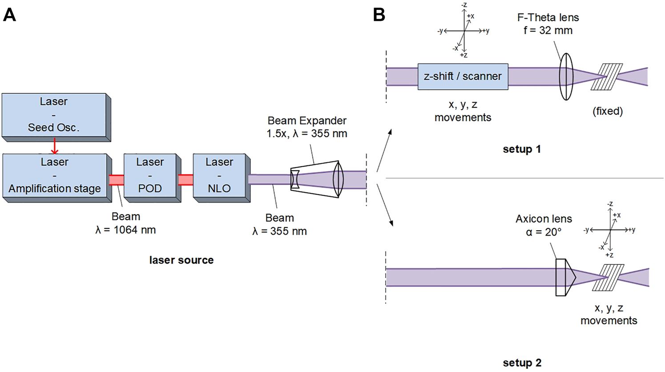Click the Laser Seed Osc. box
click(54, 115)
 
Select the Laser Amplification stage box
click(55, 176)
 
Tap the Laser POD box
click(150, 176)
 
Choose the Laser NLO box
click(219, 176)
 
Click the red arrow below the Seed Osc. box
click(55, 146)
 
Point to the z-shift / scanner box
click(463, 76)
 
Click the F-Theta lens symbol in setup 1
click(566, 76)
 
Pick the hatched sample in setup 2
click(608, 277)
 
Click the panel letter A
click(9, 15)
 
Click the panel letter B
click(379, 15)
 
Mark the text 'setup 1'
click(522, 149)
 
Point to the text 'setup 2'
click(522, 363)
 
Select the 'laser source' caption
click(181, 260)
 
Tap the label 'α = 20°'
click(544, 232)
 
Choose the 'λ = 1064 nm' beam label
click(126, 230)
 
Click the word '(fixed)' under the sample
click(608, 111)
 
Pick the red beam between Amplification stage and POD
click(116, 180)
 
